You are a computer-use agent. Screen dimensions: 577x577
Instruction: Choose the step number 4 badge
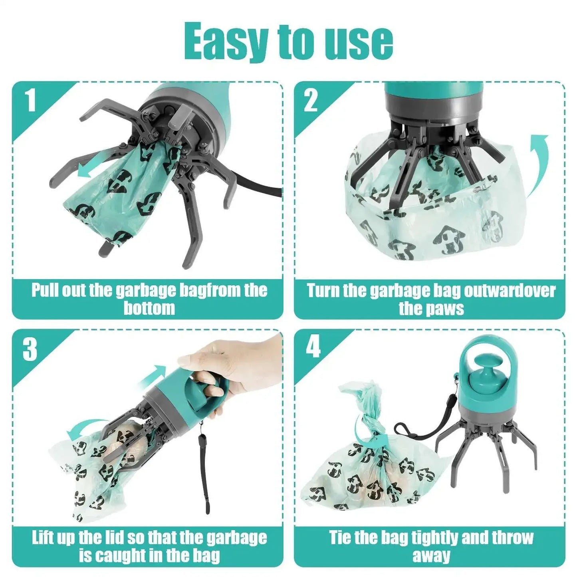click(x=313, y=347)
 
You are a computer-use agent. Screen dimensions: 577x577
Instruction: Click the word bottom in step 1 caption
click(x=149, y=308)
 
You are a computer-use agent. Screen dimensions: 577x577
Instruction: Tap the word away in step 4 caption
click(x=431, y=555)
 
